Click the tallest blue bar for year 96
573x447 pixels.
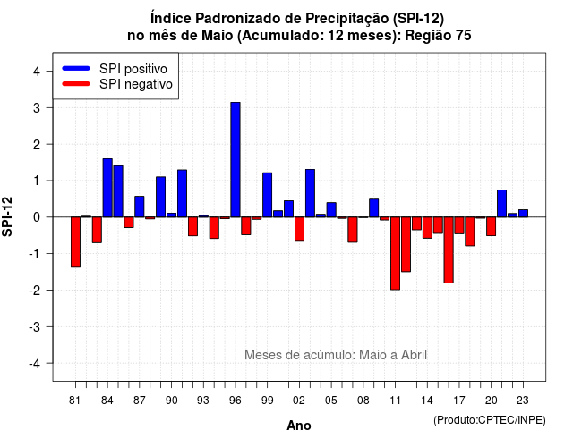(x=235, y=159)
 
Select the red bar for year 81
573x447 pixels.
(x=75, y=242)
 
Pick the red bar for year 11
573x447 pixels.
(x=395, y=253)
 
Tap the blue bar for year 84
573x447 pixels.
(x=107, y=188)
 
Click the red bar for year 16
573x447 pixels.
(x=449, y=250)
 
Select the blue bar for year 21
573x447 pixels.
(x=501, y=204)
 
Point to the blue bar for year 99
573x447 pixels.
(x=267, y=195)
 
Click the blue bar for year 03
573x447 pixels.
(x=310, y=193)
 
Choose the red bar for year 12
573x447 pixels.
(x=406, y=244)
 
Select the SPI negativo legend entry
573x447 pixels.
(x=117, y=84)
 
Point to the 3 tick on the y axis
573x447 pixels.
(x=36, y=107)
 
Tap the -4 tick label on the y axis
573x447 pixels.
(x=35, y=364)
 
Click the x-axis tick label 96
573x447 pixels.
(x=235, y=401)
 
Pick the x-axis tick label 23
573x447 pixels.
(x=523, y=401)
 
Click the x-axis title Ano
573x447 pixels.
(x=299, y=426)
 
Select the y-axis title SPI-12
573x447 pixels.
(x=7, y=216)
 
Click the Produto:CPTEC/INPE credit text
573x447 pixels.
(x=490, y=420)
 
